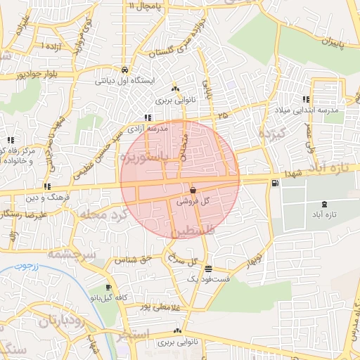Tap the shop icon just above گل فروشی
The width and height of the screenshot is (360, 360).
point(193,191)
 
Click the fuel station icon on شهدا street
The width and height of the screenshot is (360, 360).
point(274,184)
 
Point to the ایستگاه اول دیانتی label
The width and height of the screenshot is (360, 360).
point(124,81)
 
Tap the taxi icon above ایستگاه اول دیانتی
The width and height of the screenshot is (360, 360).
point(124,70)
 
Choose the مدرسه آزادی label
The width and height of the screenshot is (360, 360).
point(148,129)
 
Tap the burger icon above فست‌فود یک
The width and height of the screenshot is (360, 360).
point(208,269)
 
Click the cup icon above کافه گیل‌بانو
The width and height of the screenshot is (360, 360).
point(108,288)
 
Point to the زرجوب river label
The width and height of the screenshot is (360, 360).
point(28,267)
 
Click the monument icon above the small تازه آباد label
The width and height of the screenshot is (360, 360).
point(324,204)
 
